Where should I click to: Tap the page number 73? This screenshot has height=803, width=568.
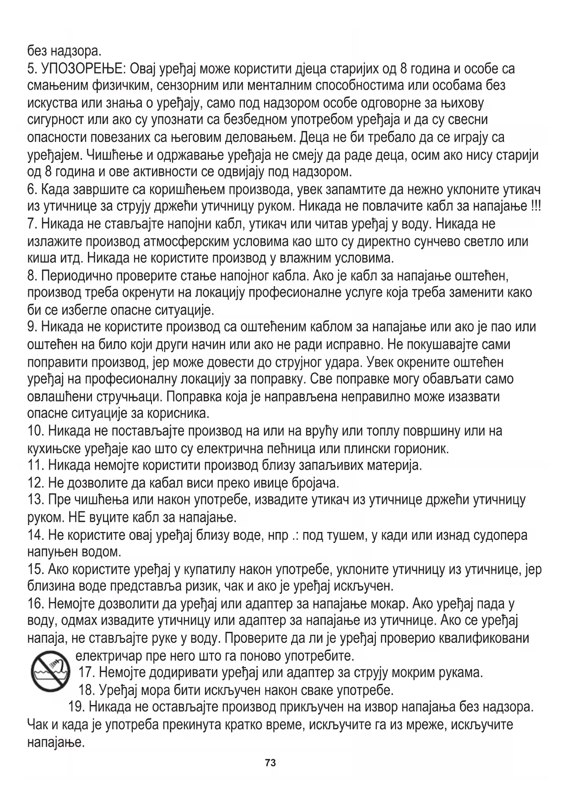tap(270, 763)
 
